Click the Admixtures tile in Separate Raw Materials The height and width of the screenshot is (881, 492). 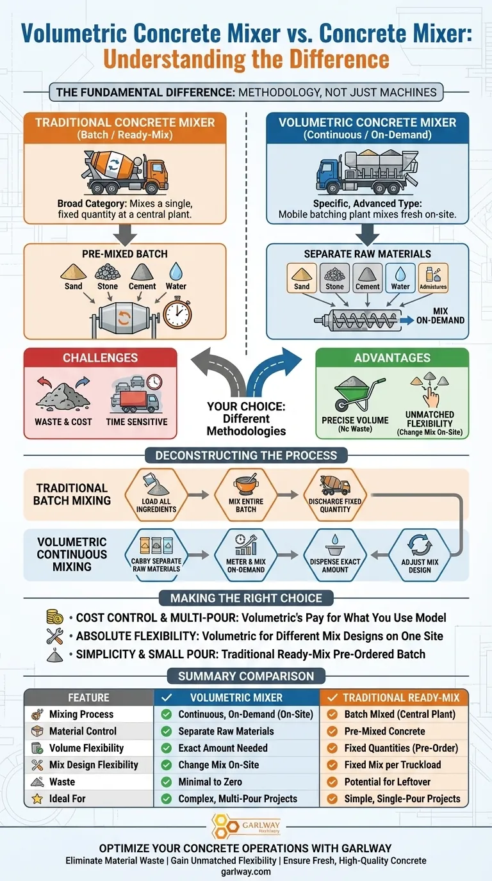pyautogui.click(x=432, y=277)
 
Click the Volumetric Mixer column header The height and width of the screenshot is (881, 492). pyautogui.click(x=236, y=697)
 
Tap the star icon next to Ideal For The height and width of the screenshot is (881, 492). pyautogui.click(x=37, y=798)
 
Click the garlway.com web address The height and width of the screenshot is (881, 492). pyautogui.click(x=246, y=871)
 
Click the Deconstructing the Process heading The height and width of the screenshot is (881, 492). pyautogui.click(x=246, y=456)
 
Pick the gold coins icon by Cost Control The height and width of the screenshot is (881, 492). pyautogui.click(x=54, y=617)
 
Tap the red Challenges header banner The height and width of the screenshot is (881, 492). pyautogui.click(x=100, y=358)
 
